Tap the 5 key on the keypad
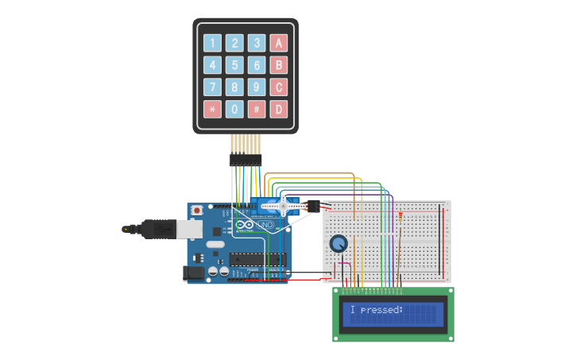pyautogui.click(x=234, y=65)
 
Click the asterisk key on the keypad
pyautogui.click(x=212, y=109)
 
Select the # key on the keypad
pyautogui.click(x=257, y=109)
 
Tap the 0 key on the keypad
pyautogui.click(x=234, y=109)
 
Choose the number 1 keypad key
pyautogui.click(x=212, y=43)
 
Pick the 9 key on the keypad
pyautogui.click(x=257, y=87)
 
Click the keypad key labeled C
pyautogui.click(x=278, y=87)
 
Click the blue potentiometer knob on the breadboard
pyautogui.click(x=339, y=244)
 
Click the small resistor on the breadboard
pyautogui.click(x=400, y=215)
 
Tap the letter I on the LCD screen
pyautogui.click(x=352, y=310)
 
